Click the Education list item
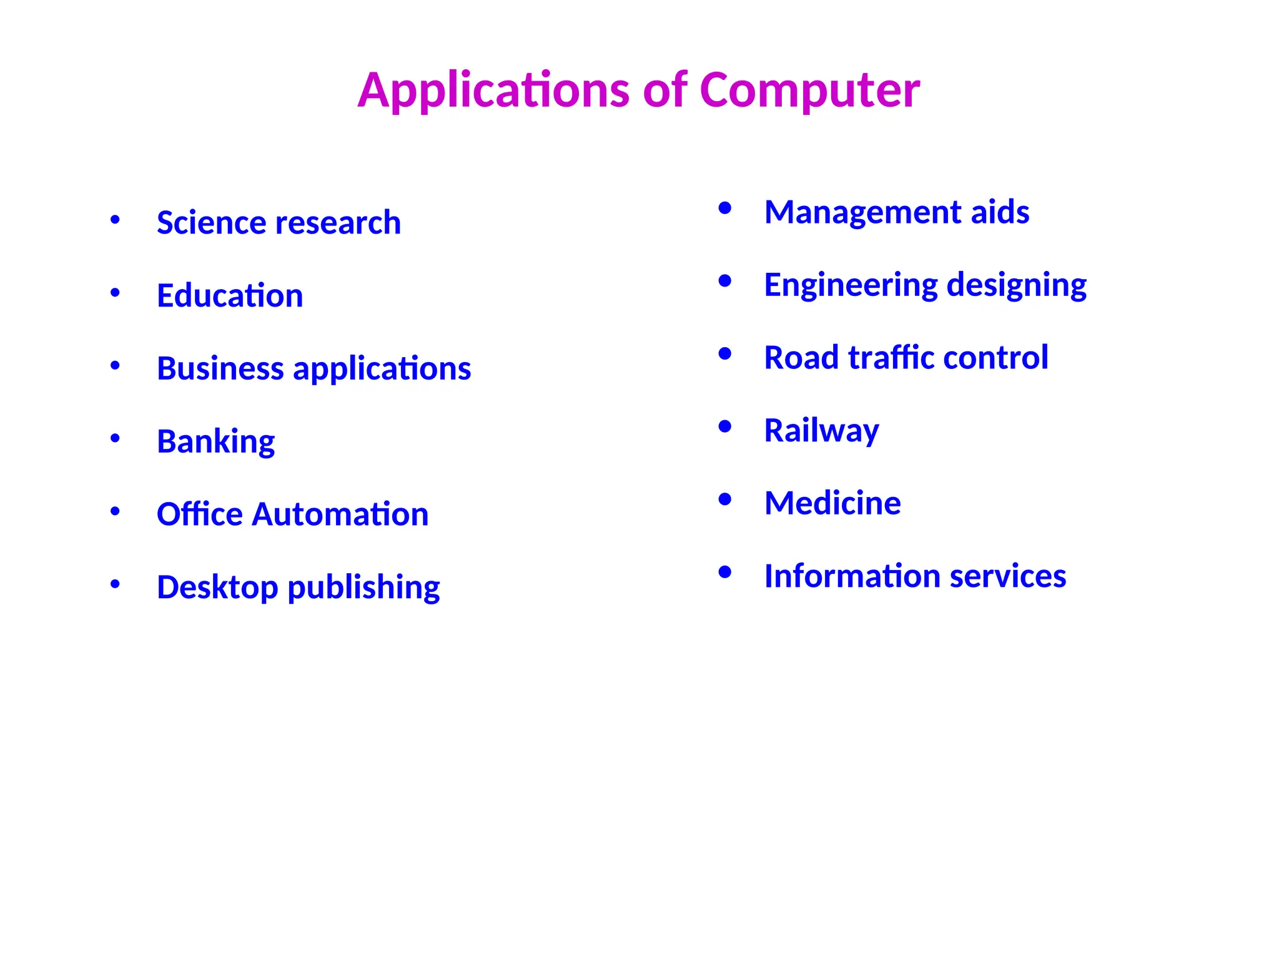230,296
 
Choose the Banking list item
215,442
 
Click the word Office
199,514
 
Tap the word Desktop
217,588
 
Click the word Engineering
851,285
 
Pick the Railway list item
821,431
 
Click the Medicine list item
832,503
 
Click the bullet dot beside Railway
724,427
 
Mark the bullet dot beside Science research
115,219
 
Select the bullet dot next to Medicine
724,499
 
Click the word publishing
363,588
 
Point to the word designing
1016,285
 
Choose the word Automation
340,514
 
